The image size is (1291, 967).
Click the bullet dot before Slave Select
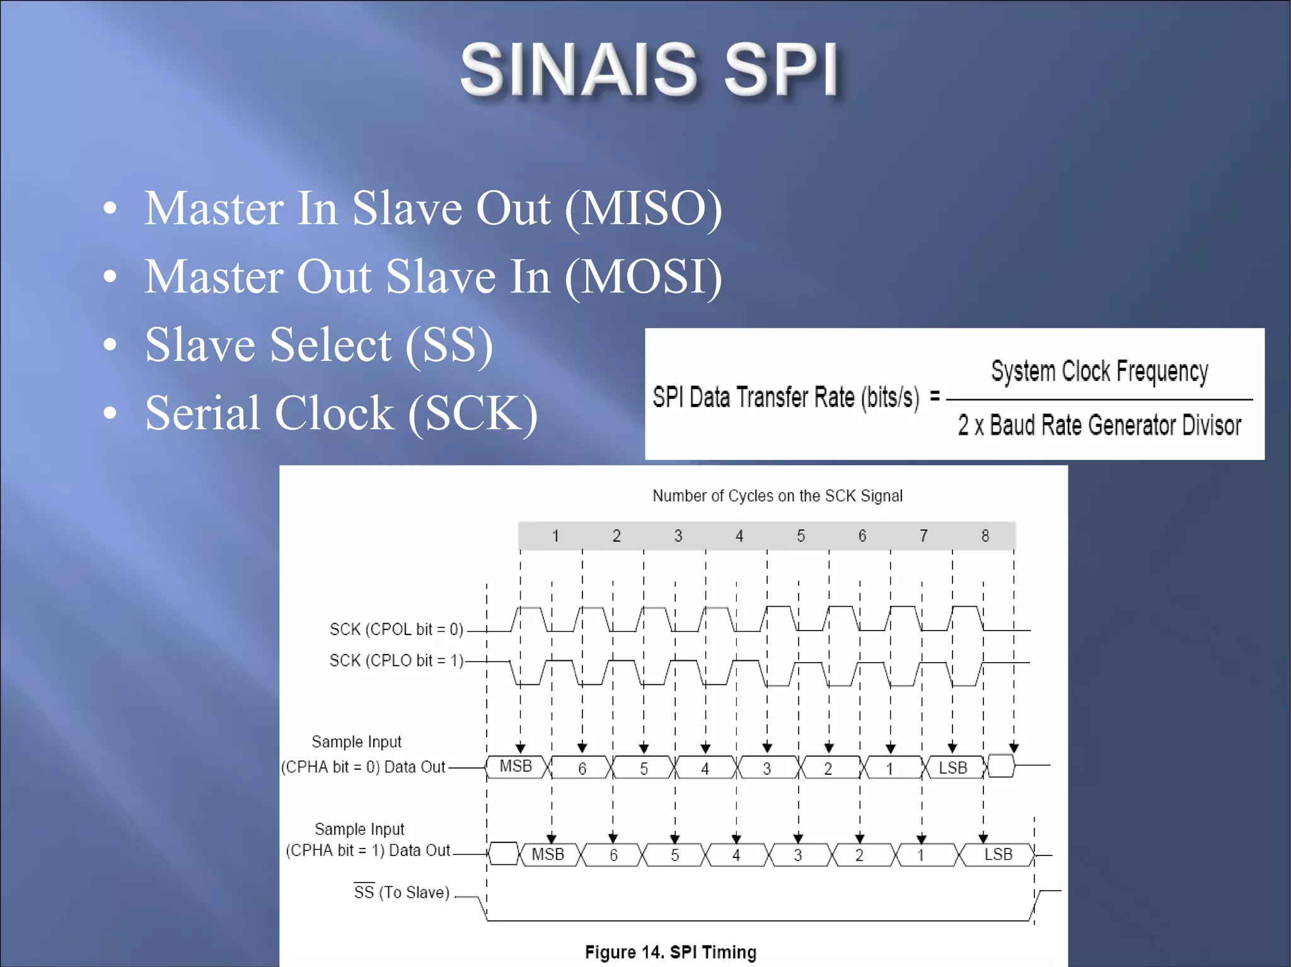point(110,345)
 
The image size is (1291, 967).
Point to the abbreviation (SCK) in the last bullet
point(473,413)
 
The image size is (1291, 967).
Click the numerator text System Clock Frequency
point(1099,371)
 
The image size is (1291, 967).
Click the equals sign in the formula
point(935,396)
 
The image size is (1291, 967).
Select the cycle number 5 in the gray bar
point(801,536)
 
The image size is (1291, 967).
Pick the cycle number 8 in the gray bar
point(985,536)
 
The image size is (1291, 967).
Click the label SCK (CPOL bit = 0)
point(396,629)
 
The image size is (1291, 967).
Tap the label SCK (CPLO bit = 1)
point(396,660)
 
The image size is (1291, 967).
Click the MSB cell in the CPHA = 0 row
point(516,767)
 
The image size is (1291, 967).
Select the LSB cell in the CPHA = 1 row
point(998,855)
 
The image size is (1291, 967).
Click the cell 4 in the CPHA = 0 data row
point(705,769)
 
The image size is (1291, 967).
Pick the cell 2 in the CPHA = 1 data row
point(859,855)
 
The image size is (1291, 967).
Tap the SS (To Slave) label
point(402,892)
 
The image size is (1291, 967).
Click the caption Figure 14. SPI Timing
point(670,952)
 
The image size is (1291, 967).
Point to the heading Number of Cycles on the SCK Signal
point(777,496)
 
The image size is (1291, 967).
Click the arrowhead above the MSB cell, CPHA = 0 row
point(521,748)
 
